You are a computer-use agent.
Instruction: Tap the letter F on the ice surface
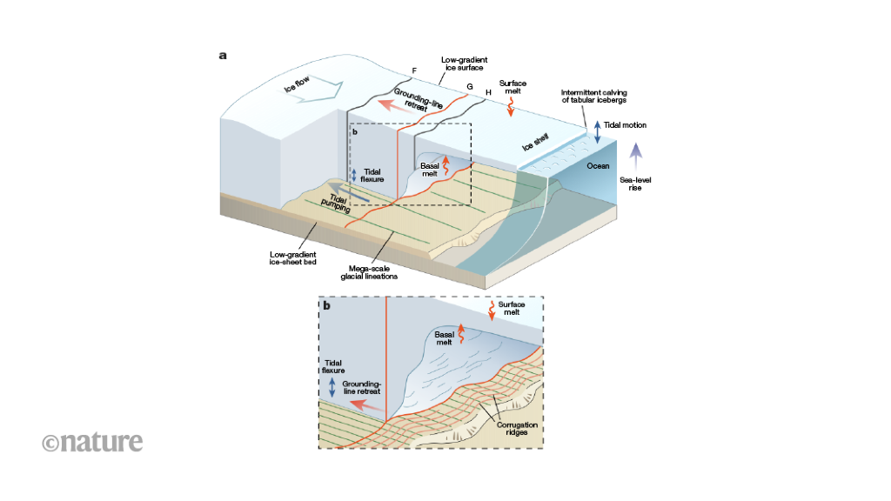tap(414, 70)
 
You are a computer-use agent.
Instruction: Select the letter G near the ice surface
tap(470, 87)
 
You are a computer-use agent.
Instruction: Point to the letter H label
tap(488, 92)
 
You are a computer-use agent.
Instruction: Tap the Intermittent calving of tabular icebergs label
tap(594, 97)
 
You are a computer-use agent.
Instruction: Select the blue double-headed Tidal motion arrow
tap(597, 132)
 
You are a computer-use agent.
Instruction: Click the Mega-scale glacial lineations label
tap(369, 273)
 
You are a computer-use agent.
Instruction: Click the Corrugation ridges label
tap(517, 428)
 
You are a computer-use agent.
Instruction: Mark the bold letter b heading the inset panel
tap(327, 306)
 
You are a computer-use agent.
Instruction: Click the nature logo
tap(92, 442)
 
